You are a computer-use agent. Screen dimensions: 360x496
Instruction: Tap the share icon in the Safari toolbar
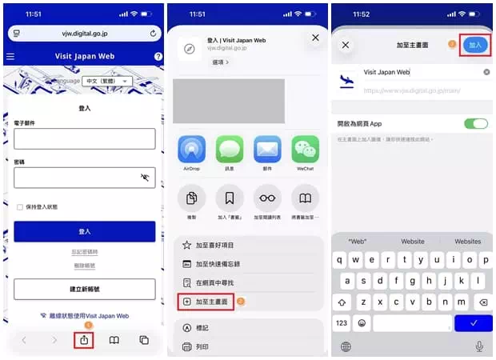point(85,340)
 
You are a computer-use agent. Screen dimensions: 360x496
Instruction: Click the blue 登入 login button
point(84,231)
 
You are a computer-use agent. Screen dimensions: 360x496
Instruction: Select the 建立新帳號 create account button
point(84,289)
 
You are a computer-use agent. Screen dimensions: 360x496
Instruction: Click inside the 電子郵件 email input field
point(84,138)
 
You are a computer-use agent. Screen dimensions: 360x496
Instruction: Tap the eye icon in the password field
point(145,178)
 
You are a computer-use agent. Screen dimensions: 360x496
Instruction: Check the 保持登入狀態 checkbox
point(20,207)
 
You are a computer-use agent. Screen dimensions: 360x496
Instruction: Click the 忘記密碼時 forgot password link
point(84,253)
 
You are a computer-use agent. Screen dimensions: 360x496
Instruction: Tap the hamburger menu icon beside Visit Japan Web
point(10,57)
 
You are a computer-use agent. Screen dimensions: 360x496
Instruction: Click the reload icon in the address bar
point(153,34)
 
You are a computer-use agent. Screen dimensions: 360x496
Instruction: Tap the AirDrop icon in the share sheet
point(191,150)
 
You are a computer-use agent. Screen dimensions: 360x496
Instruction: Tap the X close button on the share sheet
point(315,38)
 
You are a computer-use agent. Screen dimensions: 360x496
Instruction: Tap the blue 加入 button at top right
point(475,45)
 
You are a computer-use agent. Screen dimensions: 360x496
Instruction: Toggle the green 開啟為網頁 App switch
point(475,124)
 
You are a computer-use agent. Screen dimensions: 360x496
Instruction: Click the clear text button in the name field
point(486,72)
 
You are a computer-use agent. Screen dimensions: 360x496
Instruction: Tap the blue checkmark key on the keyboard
point(474,323)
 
